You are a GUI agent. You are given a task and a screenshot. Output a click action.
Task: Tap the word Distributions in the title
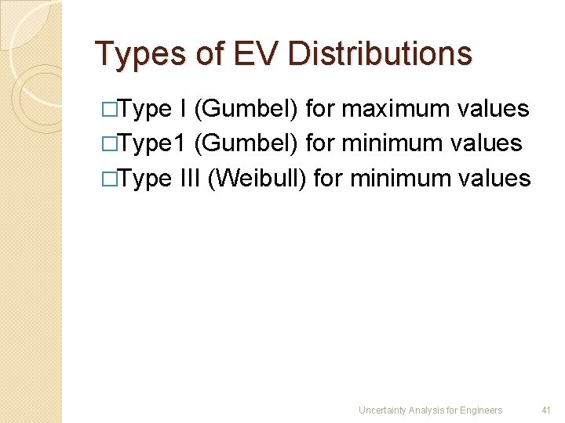tap(380, 54)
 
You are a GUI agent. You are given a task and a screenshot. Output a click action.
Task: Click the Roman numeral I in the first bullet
tap(183, 109)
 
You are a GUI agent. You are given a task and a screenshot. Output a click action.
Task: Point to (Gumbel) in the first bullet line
tap(245, 110)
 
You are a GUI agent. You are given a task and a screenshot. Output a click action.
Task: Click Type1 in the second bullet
tap(148, 143)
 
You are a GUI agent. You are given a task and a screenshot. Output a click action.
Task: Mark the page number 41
tap(547, 410)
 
